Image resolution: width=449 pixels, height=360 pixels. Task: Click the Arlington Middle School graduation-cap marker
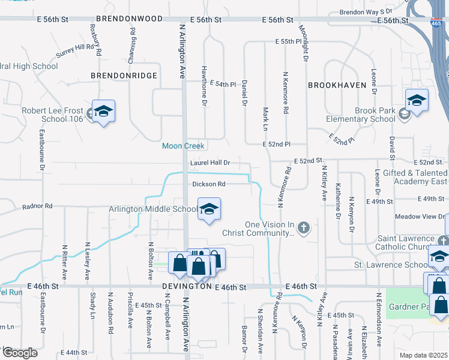209,209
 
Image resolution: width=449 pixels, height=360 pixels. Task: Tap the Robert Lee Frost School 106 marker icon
103,111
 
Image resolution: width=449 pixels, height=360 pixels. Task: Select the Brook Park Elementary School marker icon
417,100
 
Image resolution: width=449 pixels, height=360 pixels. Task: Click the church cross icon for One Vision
304,227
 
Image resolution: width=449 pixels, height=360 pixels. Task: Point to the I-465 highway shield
435,23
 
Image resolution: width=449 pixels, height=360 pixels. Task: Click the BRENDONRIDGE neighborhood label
124,76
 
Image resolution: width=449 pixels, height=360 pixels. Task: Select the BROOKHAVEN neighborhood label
337,85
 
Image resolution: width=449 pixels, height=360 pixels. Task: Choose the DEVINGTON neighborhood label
187,287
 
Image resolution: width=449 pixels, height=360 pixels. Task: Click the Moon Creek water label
183,146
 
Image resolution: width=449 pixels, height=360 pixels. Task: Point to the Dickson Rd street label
209,184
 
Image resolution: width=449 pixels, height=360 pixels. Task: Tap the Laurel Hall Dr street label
210,163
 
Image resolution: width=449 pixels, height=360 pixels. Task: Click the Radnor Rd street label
37,206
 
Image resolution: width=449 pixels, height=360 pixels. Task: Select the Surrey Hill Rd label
76,50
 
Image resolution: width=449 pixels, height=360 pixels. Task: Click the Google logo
20,352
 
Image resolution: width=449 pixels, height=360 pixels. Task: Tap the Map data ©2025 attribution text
423,355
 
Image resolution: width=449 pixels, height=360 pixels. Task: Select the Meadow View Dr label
420,217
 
